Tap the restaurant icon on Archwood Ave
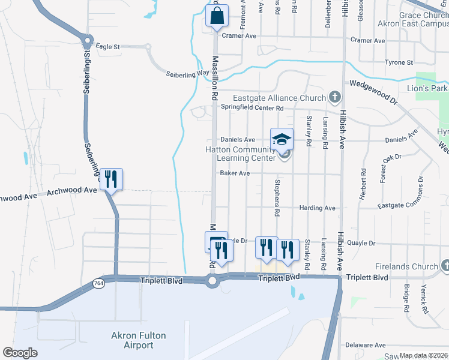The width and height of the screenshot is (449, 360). (111, 179)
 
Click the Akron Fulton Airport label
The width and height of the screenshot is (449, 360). (139, 340)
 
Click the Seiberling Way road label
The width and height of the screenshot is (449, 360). (187, 74)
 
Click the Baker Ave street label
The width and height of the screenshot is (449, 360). (235, 173)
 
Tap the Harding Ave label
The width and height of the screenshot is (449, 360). (322, 208)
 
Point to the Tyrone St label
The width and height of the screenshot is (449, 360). (399, 62)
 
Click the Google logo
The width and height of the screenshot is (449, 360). (20, 353)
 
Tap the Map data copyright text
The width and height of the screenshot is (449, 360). (424, 355)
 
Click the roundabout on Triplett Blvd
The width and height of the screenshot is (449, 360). (212, 281)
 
